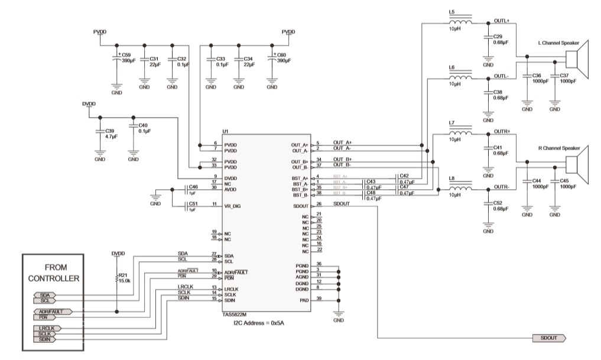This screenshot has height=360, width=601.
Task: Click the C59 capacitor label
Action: point(126,55)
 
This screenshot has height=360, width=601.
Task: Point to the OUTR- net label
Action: point(502,187)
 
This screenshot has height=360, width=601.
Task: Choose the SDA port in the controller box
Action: point(45,295)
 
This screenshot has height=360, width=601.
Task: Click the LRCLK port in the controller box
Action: point(47,327)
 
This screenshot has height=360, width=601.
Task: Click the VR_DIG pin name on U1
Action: point(233,206)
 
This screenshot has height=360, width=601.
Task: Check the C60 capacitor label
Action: point(281,55)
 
